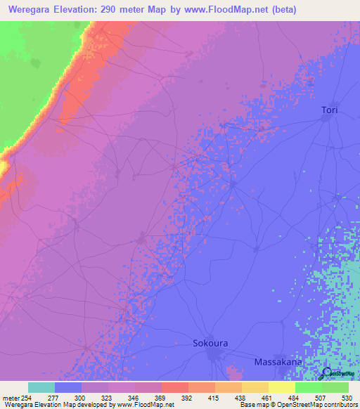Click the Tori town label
click(330, 110)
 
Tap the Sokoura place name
click(211, 344)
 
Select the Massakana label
click(278, 361)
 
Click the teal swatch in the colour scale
click(41, 387)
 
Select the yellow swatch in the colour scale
click(281, 387)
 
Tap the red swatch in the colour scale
click(174, 387)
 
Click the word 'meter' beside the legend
click(9, 398)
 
